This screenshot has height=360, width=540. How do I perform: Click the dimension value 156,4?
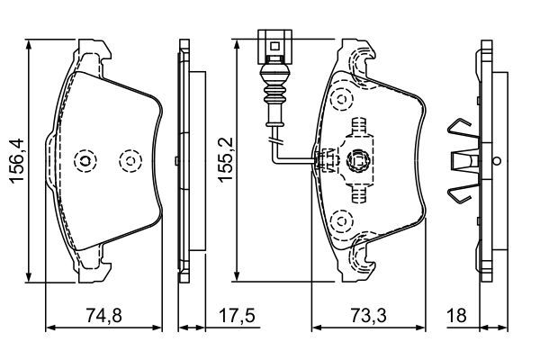click(x=16, y=159)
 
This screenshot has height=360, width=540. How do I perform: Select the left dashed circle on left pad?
click(x=86, y=161)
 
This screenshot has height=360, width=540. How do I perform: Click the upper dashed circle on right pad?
click(x=340, y=96)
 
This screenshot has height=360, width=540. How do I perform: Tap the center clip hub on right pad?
click(x=358, y=160)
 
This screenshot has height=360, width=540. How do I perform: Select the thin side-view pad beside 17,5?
click(x=185, y=160)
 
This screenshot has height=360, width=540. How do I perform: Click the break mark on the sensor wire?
click(x=276, y=137)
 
